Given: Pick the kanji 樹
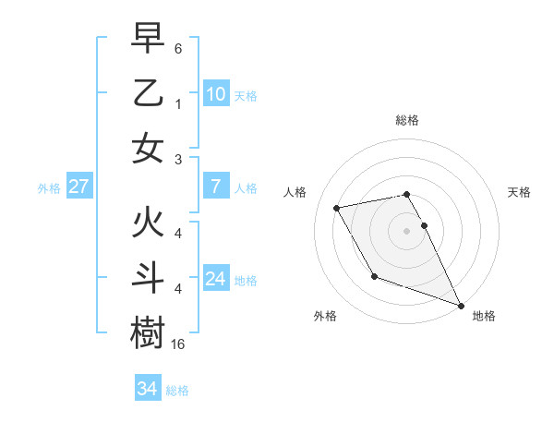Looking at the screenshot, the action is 148,333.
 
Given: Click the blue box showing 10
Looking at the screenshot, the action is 215,94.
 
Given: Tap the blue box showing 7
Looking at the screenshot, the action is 215,187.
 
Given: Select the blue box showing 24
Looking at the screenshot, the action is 215,280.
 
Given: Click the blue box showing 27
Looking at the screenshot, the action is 79,187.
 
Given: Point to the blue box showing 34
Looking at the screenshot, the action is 147,389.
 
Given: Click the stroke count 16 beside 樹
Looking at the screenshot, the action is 178,344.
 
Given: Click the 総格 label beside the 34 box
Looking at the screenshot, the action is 177,391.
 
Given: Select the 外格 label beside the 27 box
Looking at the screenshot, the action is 49,188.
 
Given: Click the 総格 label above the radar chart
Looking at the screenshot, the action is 406,120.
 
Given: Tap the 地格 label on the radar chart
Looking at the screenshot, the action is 484,317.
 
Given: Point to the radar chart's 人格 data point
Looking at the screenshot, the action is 337,208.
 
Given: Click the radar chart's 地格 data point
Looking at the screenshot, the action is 461,305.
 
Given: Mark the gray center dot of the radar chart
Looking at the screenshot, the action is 406,231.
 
